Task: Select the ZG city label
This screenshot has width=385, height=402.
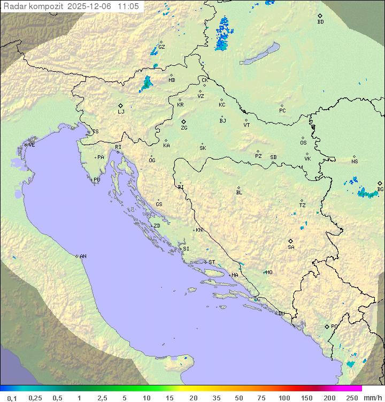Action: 184,128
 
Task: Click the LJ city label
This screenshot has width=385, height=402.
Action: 121,111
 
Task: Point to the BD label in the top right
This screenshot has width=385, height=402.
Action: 320,22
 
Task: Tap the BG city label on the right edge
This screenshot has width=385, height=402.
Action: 380,189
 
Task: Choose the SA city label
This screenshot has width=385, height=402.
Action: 291,247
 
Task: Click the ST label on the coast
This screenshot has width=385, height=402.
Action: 212,262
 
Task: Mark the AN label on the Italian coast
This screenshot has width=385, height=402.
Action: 83,256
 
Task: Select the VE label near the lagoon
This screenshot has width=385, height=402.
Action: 32,145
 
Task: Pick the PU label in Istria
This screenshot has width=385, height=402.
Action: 97,180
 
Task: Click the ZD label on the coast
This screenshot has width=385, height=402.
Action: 157,226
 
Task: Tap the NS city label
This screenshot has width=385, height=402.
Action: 355,162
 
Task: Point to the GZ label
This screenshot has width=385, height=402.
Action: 161,47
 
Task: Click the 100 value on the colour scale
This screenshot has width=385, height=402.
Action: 284,398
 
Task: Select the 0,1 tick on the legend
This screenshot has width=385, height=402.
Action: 12,398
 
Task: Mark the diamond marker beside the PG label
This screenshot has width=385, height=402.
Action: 327,326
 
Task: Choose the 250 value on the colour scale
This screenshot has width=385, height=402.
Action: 352,398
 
